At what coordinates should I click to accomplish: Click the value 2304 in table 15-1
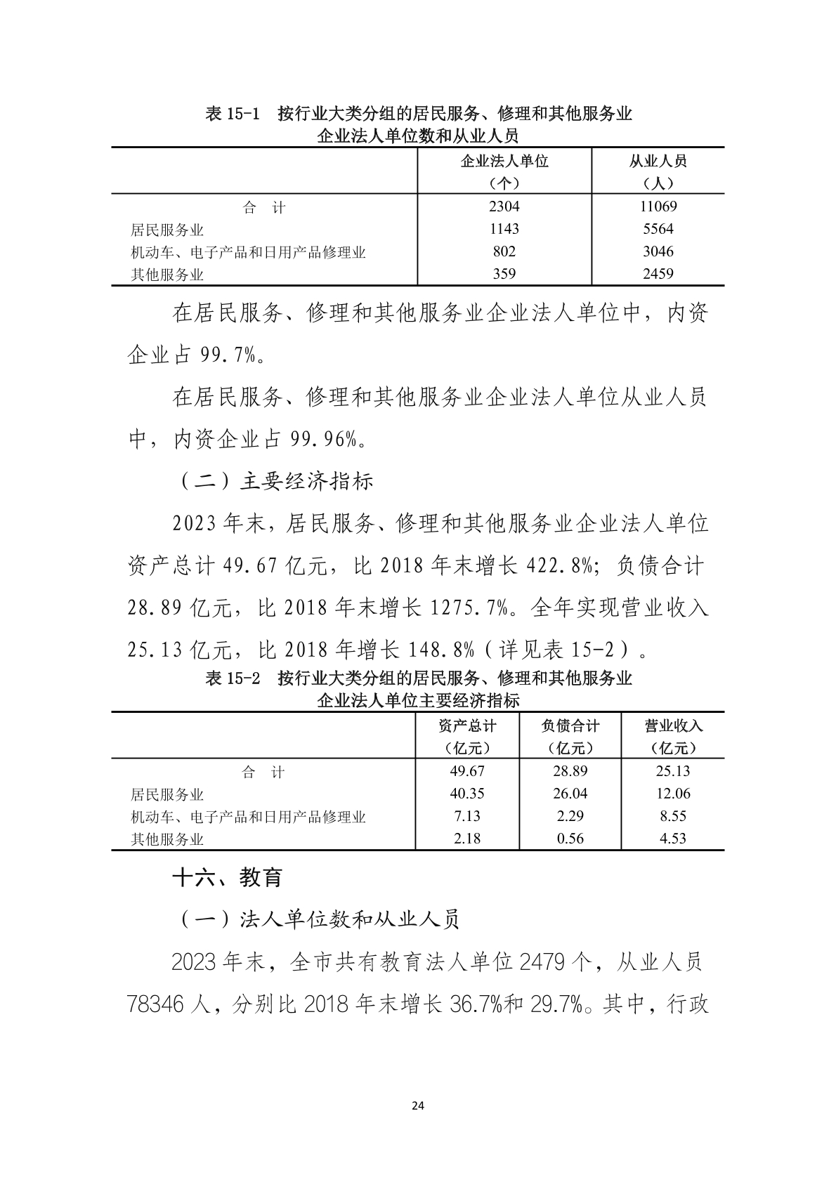[504, 206]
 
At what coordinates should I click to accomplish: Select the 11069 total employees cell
[658, 206]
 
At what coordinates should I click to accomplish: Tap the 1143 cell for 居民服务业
[504, 229]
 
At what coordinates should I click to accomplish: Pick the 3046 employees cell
[658, 251]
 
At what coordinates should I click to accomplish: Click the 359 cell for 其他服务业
[504, 274]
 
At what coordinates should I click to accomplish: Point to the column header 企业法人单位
[504, 162]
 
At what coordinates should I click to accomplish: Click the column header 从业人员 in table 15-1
[658, 162]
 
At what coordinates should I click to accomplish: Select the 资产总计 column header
[466, 725]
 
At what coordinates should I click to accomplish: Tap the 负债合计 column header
[570, 725]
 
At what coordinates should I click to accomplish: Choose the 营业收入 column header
[672, 725]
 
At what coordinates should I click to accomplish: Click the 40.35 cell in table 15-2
[466, 794]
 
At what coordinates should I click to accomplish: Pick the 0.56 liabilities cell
[570, 839]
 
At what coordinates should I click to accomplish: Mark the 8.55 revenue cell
[672, 816]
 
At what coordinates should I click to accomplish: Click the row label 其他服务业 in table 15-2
[167, 839]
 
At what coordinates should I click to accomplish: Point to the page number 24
[418, 1106]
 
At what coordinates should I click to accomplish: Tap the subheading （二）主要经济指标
[277, 481]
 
